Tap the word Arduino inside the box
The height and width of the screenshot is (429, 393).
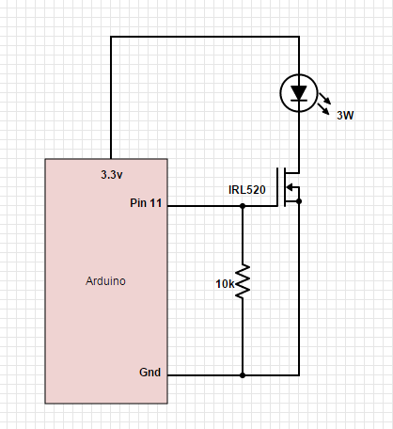[x=105, y=280]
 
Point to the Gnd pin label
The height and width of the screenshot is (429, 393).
[x=149, y=373]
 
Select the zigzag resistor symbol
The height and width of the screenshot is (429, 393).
[x=243, y=281]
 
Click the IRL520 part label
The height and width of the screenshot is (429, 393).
[x=247, y=190]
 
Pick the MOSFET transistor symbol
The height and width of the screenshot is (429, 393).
[x=287, y=187]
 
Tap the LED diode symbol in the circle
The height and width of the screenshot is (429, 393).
[x=299, y=92]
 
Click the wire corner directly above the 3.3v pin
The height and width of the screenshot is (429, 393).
[x=112, y=38]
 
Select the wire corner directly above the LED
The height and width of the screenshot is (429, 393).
[x=299, y=38]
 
